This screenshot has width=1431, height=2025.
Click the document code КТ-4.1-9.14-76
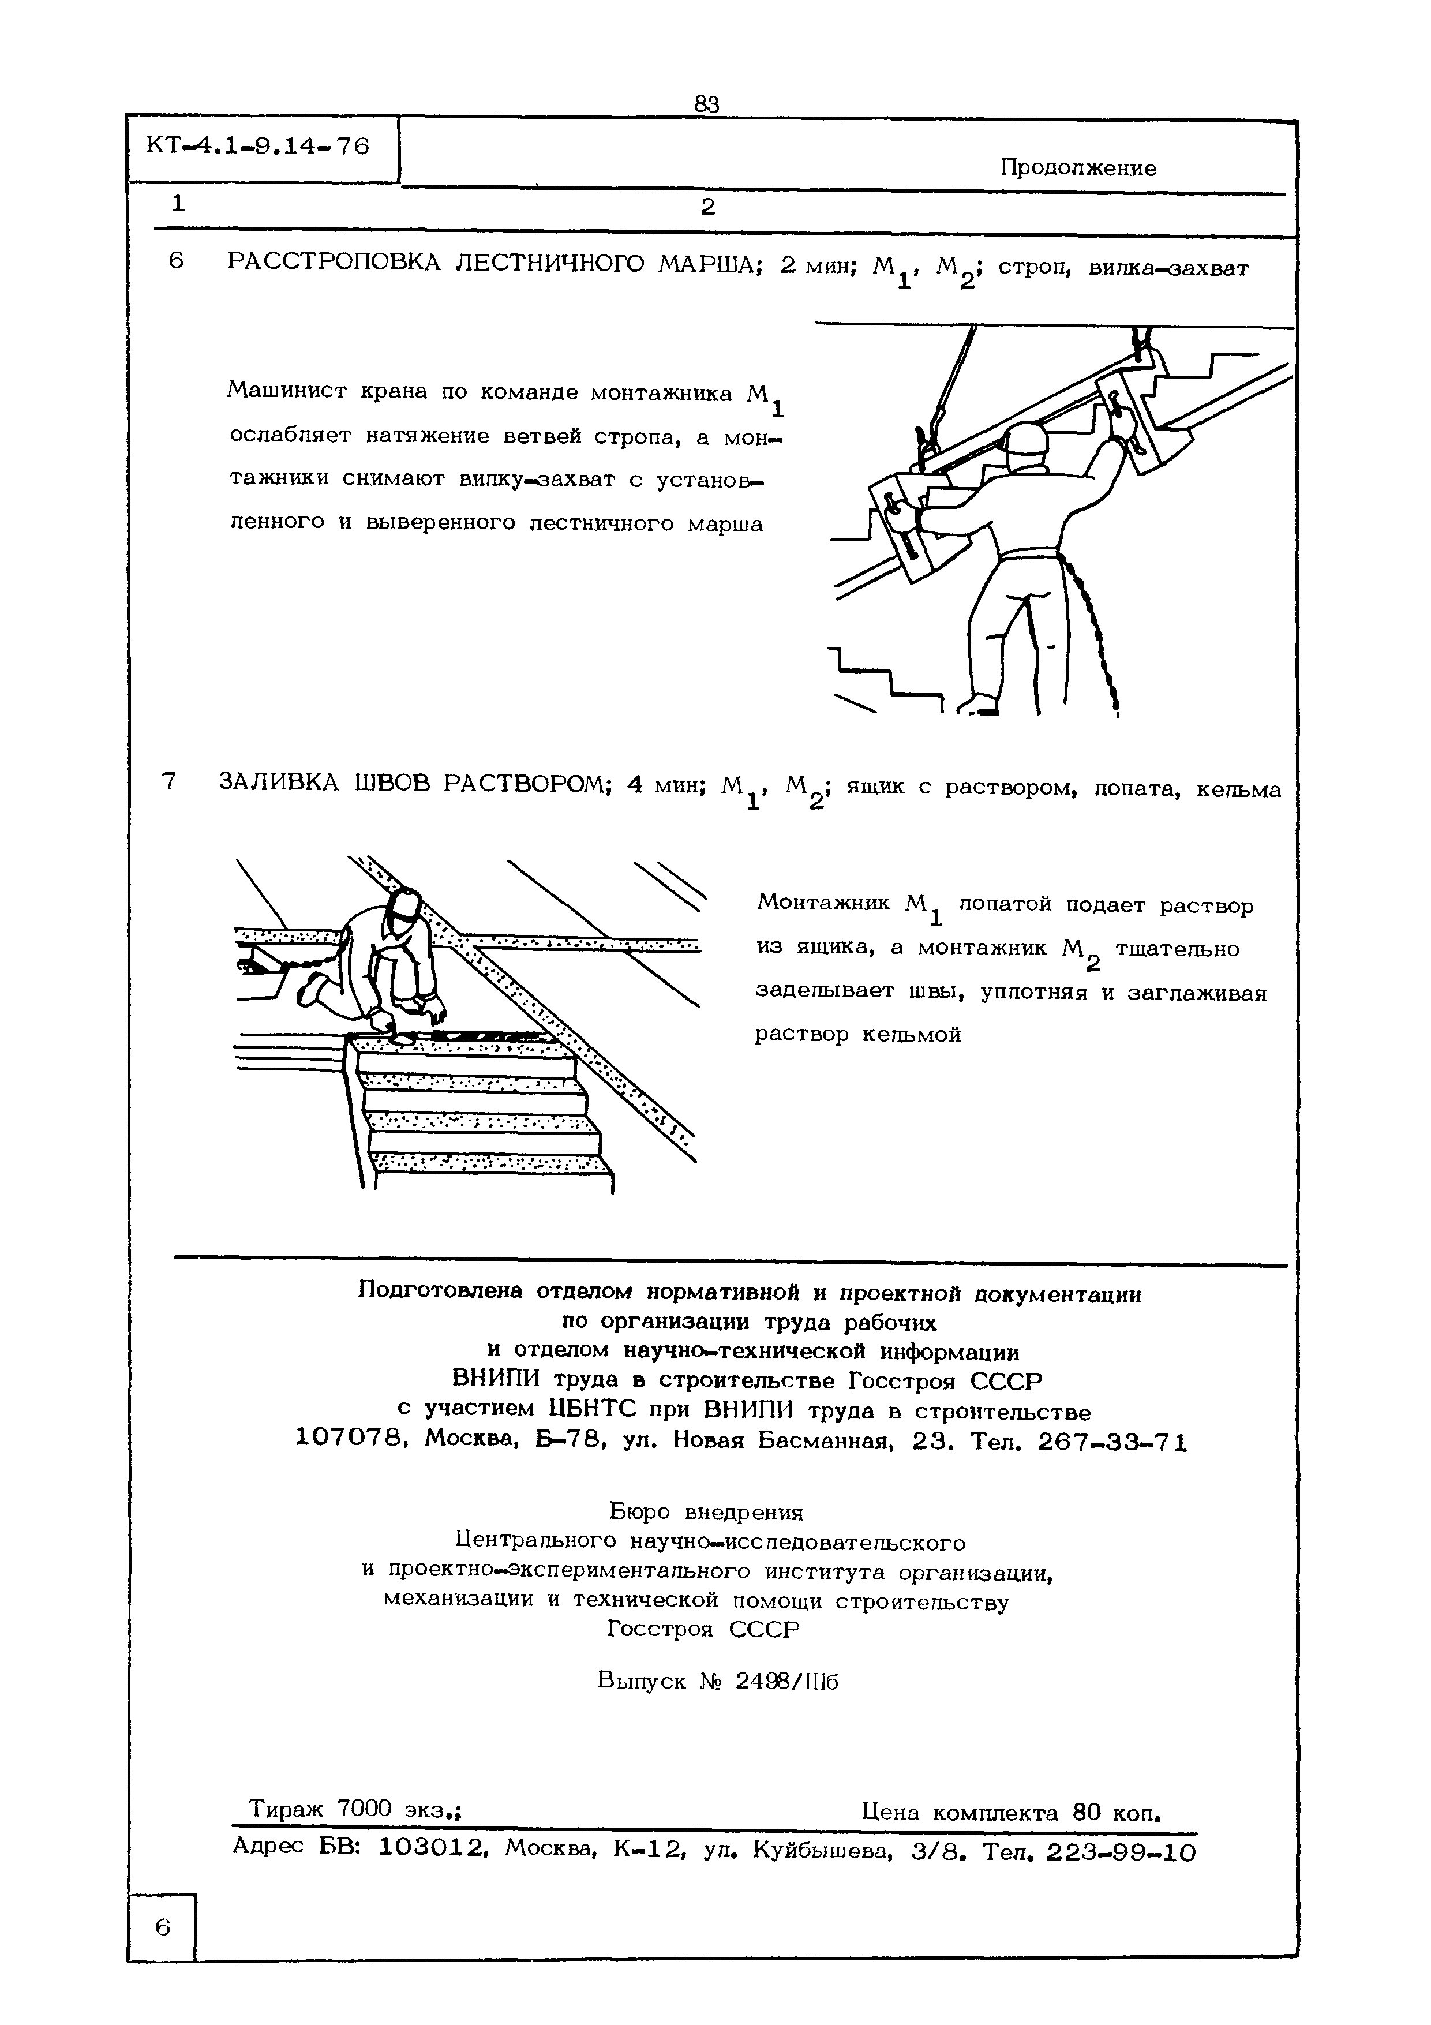(x=259, y=145)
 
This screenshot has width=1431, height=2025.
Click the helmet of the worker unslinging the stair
(x=1025, y=439)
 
